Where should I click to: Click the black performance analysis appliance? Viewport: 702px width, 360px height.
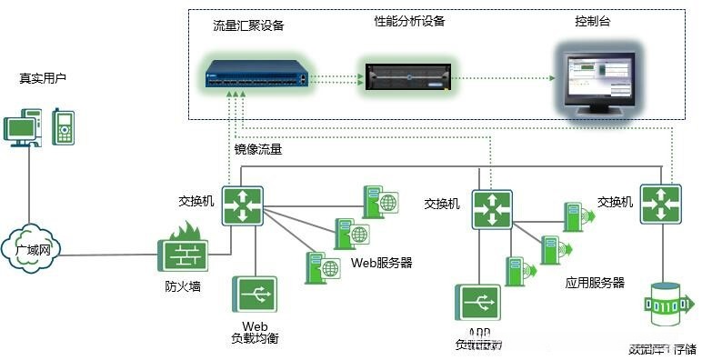click(406, 75)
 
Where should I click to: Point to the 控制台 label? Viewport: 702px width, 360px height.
click(593, 21)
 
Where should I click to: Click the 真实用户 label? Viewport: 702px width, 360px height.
click(43, 78)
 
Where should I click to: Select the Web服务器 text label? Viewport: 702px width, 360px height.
click(381, 263)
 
